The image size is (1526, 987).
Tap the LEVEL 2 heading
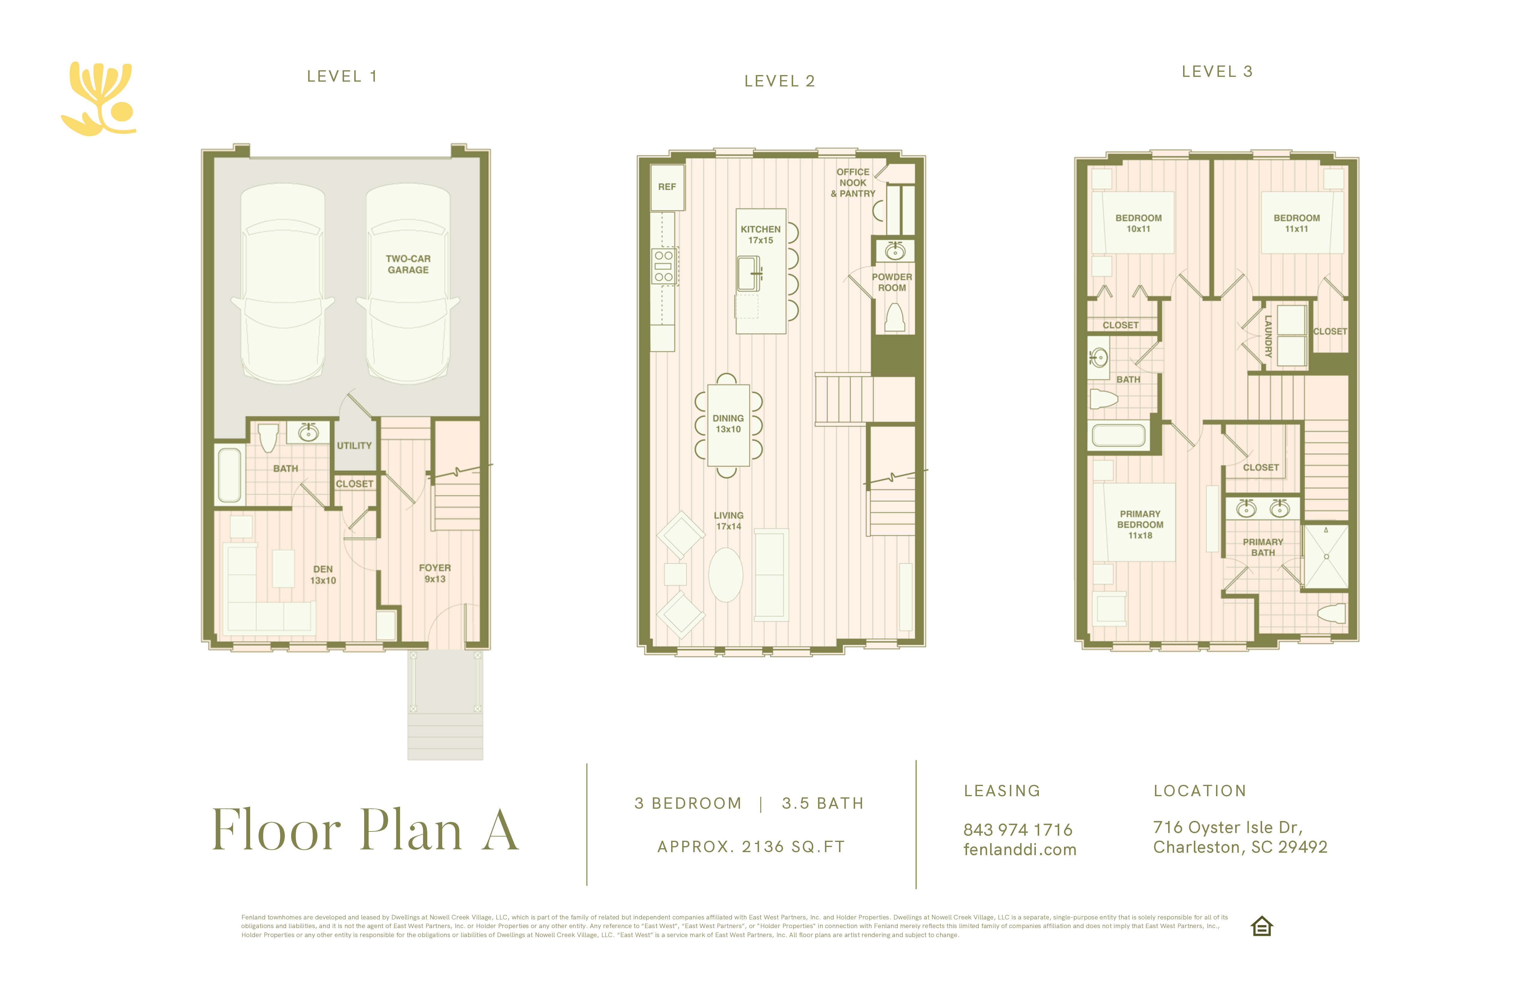(x=780, y=81)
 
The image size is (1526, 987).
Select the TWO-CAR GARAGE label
(x=408, y=264)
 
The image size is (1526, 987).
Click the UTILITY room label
(x=354, y=445)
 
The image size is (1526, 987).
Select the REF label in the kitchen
(x=667, y=187)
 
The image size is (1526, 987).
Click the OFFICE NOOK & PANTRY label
(x=853, y=183)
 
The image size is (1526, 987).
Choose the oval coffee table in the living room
(x=726, y=575)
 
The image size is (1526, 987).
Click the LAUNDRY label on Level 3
(x=1267, y=336)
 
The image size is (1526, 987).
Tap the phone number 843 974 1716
(x=1018, y=830)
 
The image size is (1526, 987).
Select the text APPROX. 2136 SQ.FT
(x=751, y=847)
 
